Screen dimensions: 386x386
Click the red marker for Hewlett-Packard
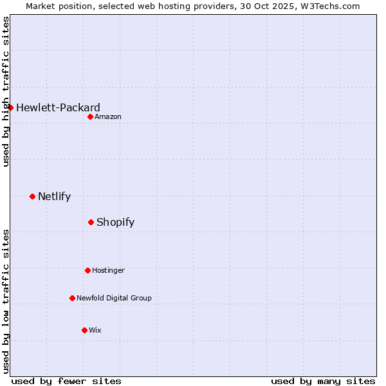click(11, 107)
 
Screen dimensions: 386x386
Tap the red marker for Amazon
click(90, 116)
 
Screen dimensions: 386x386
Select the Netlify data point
click(32, 196)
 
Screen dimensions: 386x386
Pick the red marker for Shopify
click(91, 222)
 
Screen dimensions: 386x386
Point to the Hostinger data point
click(87, 270)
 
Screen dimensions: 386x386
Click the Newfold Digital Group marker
click(72, 298)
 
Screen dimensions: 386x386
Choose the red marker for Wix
click(84, 330)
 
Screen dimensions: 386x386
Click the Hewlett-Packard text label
click(58, 107)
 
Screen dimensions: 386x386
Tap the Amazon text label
click(108, 116)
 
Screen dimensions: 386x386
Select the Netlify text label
click(54, 196)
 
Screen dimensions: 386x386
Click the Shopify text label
click(115, 222)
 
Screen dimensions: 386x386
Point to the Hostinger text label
click(108, 270)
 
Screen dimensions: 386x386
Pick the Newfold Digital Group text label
click(114, 298)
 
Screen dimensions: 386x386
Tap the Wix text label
click(95, 330)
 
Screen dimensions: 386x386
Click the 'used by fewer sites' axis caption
click(66, 381)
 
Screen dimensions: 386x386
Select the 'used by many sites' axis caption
click(323, 381)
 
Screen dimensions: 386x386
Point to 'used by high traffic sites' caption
click(6, 91)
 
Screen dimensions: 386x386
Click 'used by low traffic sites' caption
click(6, 301)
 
